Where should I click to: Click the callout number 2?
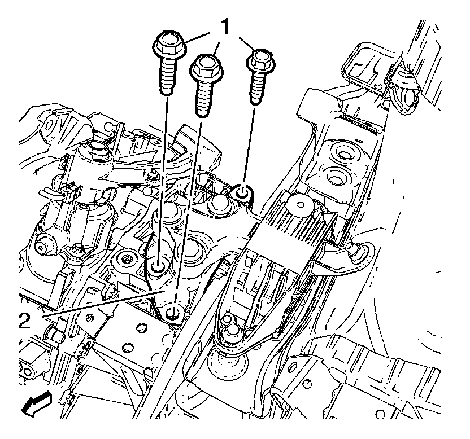coord(25,320)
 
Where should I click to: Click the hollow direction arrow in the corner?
coord(37,404)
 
